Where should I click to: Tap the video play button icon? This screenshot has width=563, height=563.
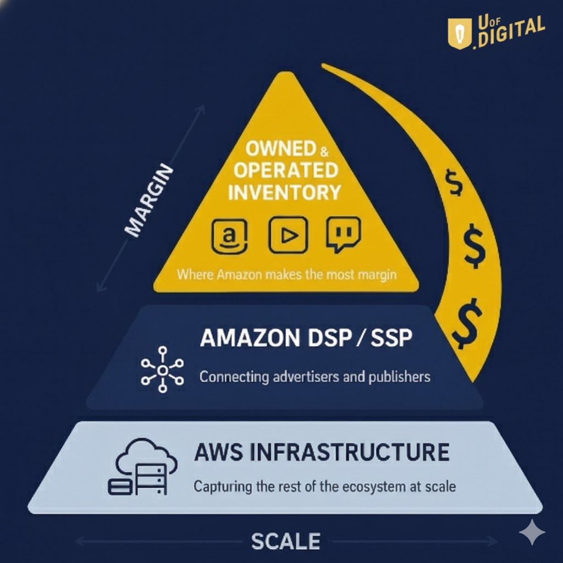[x=288, y=235]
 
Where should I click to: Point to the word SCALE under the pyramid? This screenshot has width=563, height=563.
[x=286, y=541]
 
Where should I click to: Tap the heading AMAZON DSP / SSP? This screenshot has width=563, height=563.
[x=306, y=338]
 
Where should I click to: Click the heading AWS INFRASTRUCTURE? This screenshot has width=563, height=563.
[x=322, y=452]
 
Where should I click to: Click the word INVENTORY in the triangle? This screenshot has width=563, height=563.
[x=284, y=192]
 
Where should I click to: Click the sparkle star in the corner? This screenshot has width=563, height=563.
[x=532, y=532]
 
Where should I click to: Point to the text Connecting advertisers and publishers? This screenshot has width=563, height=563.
[x=314, y=377]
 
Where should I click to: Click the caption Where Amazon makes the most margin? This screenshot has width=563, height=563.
[x=286, y=274]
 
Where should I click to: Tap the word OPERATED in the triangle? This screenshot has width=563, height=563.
[x=285, y=170]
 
